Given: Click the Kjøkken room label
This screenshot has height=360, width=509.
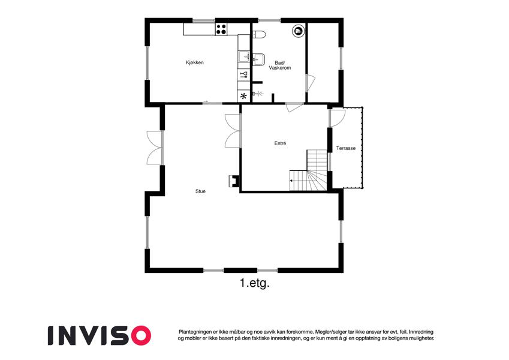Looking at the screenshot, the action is pos(194,62).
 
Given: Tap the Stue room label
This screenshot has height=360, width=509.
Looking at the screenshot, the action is pos(200,191).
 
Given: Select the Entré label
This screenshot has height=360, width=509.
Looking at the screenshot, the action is pos(280,143).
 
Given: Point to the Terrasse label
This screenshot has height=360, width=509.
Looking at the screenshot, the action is pos(346,148).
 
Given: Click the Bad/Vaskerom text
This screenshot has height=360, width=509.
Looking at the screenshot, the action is pos(280,65).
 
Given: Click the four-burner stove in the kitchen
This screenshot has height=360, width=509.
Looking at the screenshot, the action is pos(222,29).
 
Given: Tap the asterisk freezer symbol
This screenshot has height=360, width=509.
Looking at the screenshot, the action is pos(243,96).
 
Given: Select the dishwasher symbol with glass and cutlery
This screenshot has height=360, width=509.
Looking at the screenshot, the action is pos(243,75).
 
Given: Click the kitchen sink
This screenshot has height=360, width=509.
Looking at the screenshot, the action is pos(243,56).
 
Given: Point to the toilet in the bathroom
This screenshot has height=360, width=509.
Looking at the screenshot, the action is pos(259,34).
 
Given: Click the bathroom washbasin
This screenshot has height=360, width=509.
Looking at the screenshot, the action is pos(258,59).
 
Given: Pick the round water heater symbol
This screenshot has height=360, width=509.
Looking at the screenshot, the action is pos(298,31).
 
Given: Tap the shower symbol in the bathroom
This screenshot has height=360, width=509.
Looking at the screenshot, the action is pos(258,94).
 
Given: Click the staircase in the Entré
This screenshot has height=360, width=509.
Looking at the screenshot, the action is pos(308,170).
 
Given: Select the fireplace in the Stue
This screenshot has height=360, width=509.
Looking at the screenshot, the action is pos(234,181).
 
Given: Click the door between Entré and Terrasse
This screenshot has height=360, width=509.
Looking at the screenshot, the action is pos(338,118).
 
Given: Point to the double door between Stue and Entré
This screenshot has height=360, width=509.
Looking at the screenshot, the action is pos(233,131).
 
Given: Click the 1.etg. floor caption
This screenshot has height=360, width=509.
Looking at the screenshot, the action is pos(255,283).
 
